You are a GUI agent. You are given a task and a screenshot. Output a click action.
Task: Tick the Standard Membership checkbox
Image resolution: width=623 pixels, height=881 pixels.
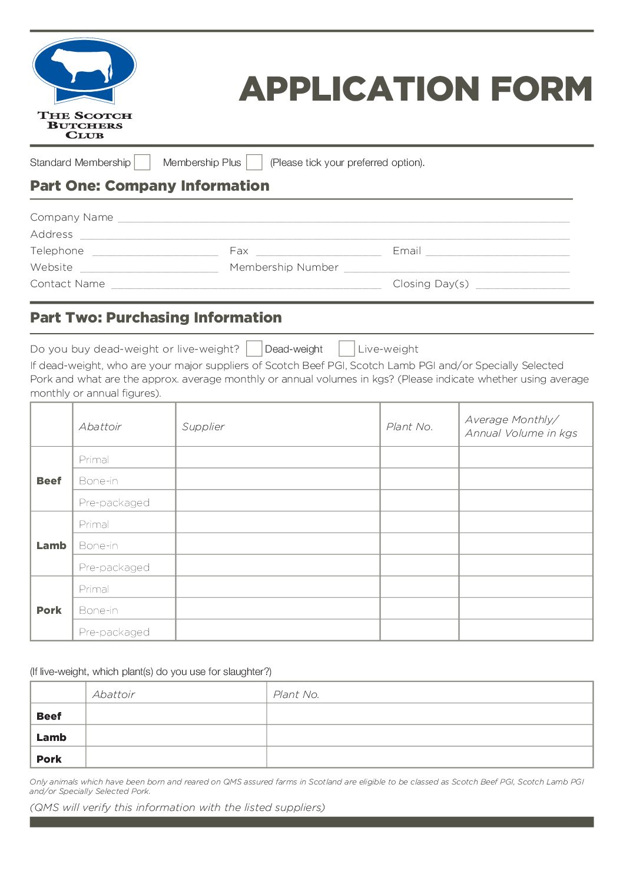142,162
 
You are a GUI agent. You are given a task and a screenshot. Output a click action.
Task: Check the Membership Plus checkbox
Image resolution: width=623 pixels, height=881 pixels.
254,162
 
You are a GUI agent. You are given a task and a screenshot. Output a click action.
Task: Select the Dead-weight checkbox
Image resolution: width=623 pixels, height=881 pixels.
254,348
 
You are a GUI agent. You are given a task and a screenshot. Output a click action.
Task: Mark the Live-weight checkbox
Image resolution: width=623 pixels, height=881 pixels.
346,348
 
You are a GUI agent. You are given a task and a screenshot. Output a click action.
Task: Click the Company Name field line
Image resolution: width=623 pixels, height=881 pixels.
343,218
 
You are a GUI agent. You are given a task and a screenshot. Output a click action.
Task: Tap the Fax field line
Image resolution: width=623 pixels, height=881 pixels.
319,251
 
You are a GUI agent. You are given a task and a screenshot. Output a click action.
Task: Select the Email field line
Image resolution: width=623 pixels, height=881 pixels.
498,251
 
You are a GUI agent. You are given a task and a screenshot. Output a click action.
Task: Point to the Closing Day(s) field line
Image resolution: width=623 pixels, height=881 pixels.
522,284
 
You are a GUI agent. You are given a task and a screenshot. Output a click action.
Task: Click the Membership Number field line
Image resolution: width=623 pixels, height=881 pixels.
456,268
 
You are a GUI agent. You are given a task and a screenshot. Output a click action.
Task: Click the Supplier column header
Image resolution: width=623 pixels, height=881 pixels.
203,427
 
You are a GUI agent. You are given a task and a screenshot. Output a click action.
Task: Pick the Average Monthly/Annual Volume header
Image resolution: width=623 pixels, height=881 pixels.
521,426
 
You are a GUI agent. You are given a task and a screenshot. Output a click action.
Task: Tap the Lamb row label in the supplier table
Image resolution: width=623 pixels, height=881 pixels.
51,546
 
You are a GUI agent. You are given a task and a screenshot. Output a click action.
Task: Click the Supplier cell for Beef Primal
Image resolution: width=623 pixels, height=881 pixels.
277,458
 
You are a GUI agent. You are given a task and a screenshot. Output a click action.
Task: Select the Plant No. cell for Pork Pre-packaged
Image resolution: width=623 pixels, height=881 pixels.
419,630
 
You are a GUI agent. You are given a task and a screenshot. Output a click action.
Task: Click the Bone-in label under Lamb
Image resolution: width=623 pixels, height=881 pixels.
98,546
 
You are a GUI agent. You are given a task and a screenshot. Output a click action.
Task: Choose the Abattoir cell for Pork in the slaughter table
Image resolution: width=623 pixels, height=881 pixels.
176,757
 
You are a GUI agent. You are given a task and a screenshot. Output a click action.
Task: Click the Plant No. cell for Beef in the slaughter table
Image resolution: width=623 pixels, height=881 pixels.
429,714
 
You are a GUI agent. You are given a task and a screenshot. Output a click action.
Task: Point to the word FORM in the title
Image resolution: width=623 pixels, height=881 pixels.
541,89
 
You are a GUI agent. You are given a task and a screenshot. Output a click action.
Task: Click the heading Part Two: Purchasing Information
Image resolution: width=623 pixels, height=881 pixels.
156,318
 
